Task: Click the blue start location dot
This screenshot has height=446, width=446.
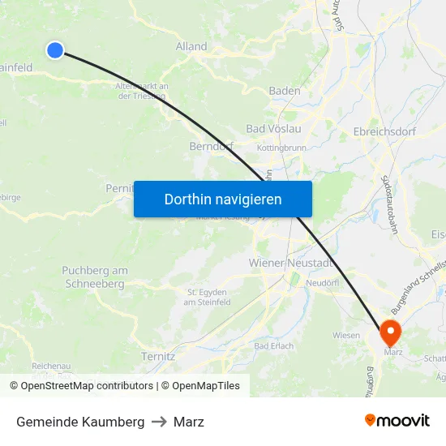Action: (x=55, y=50)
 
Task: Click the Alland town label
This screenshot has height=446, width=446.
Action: (x=191, y=46)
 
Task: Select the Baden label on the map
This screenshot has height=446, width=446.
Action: (x=285, y=91)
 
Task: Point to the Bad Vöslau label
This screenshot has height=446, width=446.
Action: (x=273, y=129)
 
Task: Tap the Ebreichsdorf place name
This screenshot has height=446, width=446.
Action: (x=385, y=130)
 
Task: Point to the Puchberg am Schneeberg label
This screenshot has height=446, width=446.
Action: (x=95, y=277)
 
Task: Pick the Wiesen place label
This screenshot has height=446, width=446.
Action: (x=346, y=334)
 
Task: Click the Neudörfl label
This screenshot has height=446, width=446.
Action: (x=322, y=283)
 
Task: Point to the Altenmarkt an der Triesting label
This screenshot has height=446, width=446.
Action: (x=142, y=91)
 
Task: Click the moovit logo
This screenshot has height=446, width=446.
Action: (x=397, y=420)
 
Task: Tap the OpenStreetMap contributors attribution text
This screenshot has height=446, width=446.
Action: (x=81, y=386)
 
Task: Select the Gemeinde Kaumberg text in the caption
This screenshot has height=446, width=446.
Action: (x=80, y=422)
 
